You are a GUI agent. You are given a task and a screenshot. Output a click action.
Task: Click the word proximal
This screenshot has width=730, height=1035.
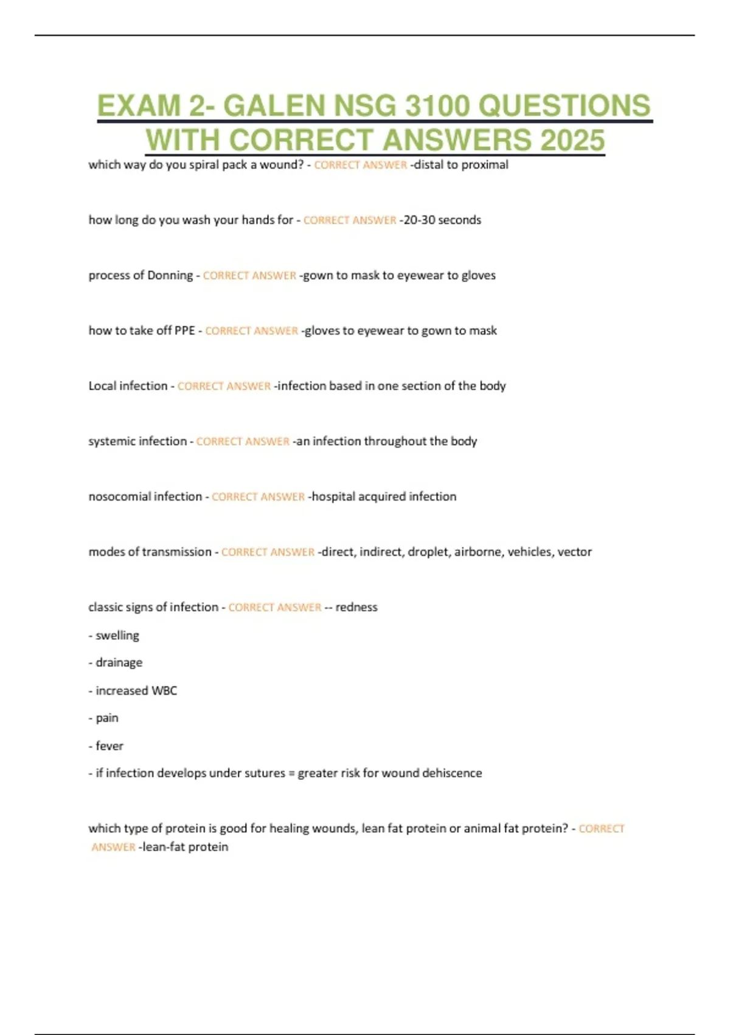point(485,165)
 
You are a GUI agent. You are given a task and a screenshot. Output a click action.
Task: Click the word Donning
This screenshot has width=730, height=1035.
point(164,275)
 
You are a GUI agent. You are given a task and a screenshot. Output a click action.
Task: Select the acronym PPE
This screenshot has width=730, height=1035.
point(184,331)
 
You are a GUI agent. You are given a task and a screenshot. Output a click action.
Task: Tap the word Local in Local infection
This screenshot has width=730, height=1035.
point(102,386)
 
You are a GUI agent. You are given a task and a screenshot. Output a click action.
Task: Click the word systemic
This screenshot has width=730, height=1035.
point(112,441)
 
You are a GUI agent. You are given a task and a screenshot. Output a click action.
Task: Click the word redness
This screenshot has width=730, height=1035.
point(356,607)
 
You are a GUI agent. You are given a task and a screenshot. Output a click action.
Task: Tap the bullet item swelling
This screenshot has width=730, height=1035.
point(117,636)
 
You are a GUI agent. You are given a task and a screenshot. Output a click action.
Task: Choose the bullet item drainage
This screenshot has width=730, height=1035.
point(119,662)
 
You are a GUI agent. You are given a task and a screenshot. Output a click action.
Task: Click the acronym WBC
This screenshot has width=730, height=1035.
point(164,691)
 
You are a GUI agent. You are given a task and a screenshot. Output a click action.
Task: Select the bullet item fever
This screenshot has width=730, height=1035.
point(109,746)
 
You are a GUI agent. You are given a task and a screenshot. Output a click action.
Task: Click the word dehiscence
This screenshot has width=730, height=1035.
point(452,773)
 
